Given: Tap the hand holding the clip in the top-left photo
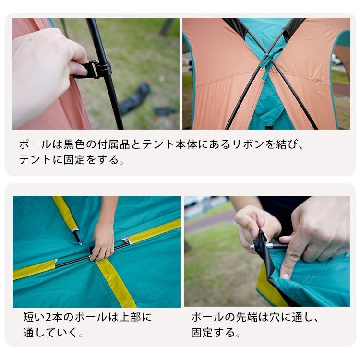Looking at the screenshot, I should coord(46,72).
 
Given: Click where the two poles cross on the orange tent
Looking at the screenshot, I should coord(266,62).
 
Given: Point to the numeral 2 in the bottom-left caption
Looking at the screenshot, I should coord(50,317).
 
